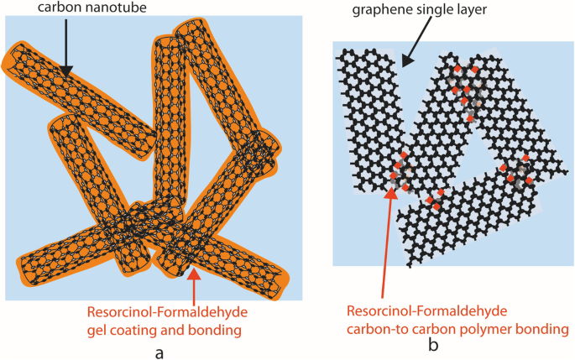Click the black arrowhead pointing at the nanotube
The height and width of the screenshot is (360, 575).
(x=65, y=73)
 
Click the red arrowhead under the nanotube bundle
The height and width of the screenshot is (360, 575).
(x=194, y=274)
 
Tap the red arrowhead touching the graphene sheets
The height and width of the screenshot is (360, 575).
(x=390, y=196)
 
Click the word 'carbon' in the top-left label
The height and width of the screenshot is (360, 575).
(x=36, y=8)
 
